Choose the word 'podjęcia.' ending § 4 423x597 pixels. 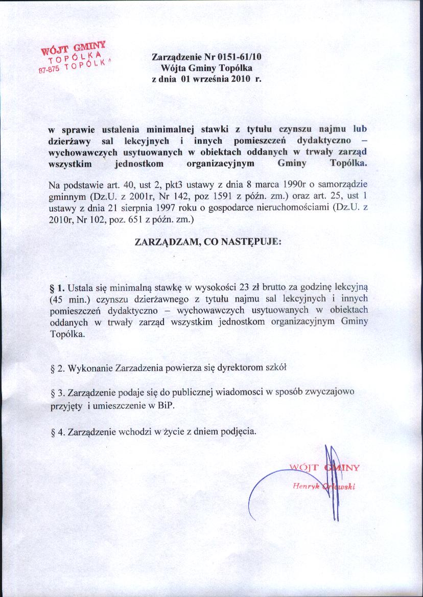pyautogui.click(x=237, y=431)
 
